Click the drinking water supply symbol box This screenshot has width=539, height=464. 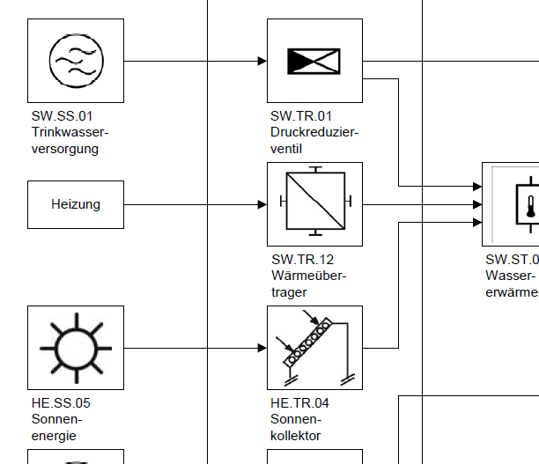[76, 61]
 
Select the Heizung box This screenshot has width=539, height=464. [76, 204]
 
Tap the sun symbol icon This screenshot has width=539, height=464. [76, 348]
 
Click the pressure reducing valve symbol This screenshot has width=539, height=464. [314, 61]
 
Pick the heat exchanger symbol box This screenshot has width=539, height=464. [314, 204]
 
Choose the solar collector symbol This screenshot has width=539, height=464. [314, 348]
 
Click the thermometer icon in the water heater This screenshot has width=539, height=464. [530, 204]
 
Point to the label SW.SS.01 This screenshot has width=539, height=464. [63, 116]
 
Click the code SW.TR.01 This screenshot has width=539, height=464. [302, 116]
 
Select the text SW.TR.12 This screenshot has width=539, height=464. [302, 260]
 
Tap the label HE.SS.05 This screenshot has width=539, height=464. [62, 403]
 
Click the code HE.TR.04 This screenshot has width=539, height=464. [300, 403]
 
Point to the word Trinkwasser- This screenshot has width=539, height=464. [70, 132]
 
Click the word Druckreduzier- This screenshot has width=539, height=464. [314, 132]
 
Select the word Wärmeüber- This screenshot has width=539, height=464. [309, 276]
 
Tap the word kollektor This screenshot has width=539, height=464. [296, 435]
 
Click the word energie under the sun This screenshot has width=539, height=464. [54, 435]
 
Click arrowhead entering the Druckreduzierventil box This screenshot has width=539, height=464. [262, 61]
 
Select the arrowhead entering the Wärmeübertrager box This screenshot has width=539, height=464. [262, 204]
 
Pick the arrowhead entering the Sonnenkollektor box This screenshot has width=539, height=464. [262, 348]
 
